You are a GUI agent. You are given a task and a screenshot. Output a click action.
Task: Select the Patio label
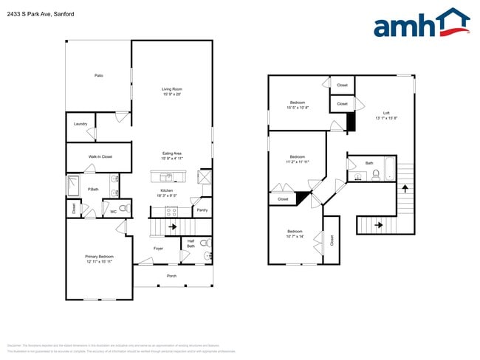point(98,75)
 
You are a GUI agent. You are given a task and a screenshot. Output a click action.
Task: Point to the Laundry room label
point(80,123)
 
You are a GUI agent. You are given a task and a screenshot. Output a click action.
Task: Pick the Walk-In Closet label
point(100,156)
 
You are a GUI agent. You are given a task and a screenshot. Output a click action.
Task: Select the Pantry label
point(202,210)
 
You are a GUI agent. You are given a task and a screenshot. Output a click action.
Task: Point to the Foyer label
point(158,248)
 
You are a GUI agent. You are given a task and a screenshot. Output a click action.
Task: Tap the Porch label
point(171,276)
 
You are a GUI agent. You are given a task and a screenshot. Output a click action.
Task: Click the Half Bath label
point(191,243)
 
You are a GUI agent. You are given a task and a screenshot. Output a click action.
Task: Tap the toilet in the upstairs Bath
point(376,176)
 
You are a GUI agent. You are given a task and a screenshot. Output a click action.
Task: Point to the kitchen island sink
point(169,177)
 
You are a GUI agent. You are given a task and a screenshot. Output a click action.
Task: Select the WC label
point(114,212)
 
